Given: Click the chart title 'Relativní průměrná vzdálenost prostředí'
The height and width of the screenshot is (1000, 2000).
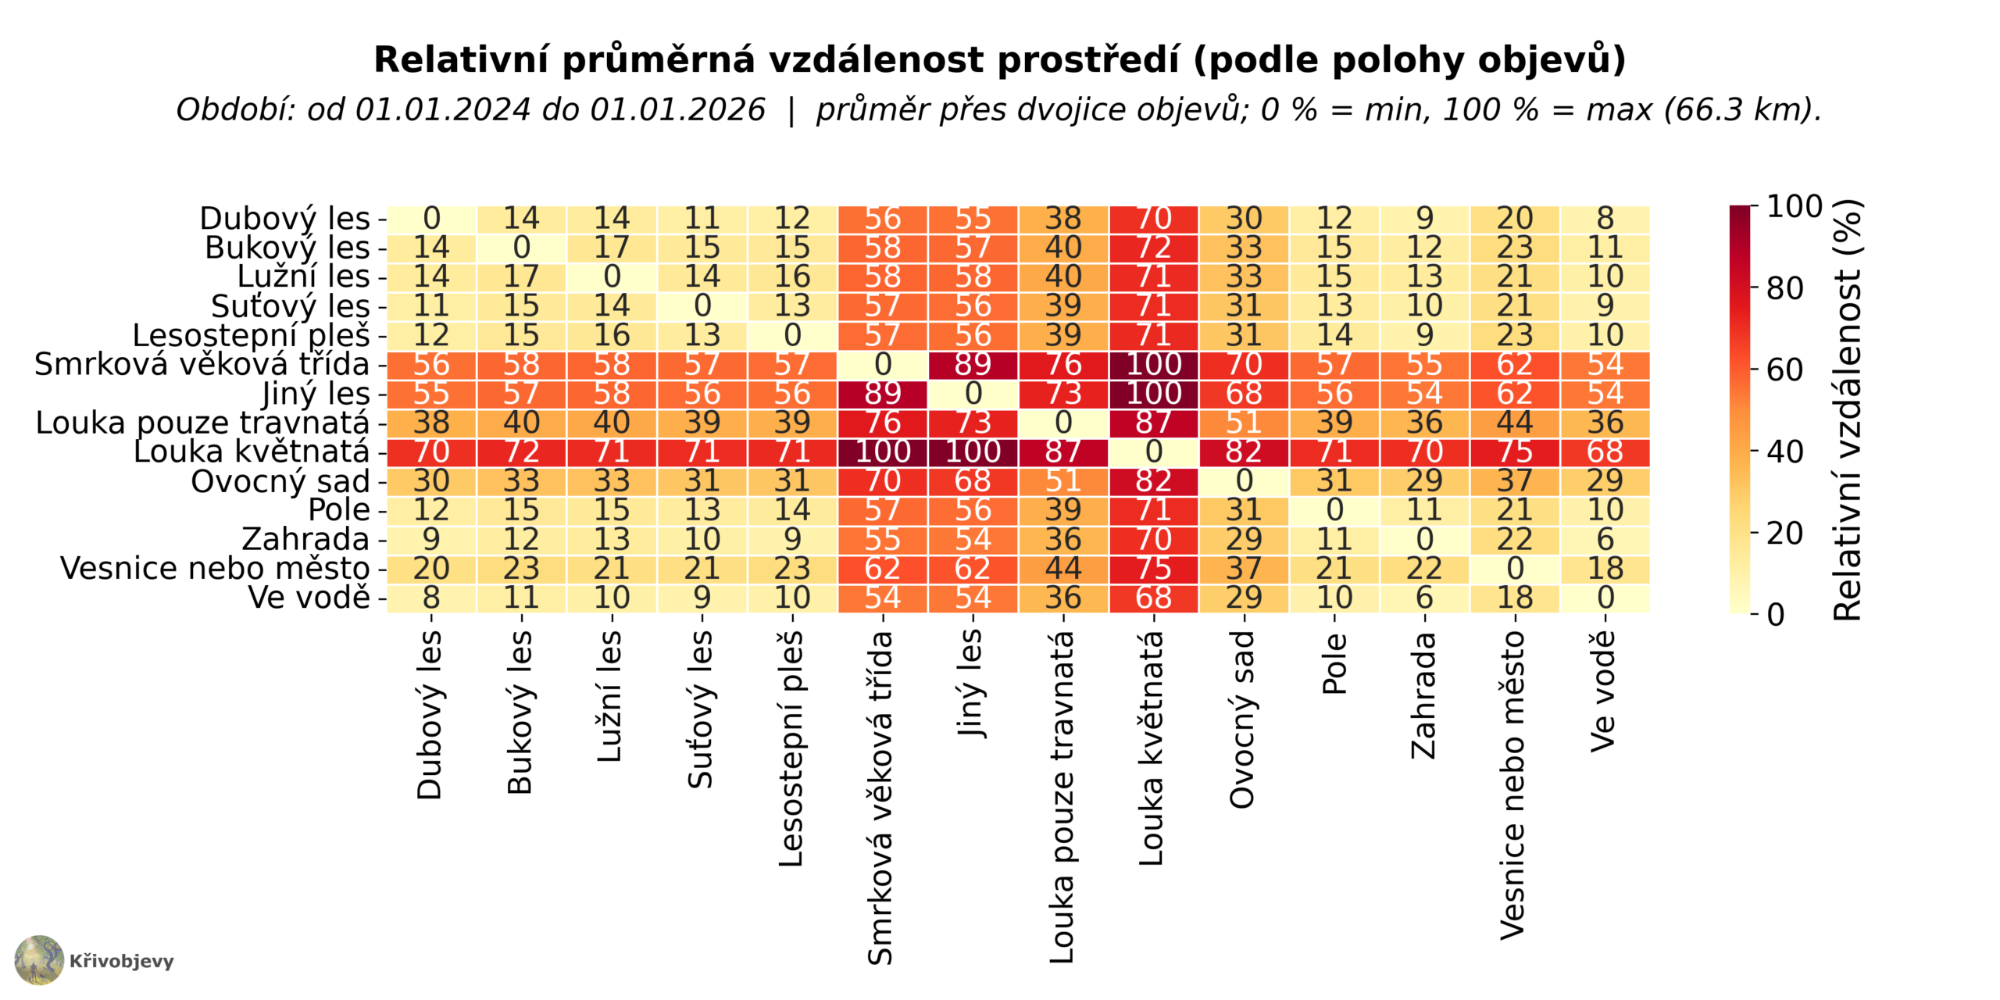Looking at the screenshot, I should coord(781,61).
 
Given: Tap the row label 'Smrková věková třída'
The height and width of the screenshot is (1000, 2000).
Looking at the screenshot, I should coord(202,365).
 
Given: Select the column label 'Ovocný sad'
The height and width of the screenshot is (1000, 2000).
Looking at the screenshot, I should coord(1241,719).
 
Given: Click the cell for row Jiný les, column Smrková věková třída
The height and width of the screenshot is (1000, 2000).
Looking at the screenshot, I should coord(883,394).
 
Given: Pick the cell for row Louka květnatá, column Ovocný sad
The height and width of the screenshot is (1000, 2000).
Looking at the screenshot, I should coord(1244,452).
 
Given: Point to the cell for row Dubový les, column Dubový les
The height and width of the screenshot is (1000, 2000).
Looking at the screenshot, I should coord(431,219).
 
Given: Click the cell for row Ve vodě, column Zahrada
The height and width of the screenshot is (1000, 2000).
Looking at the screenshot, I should coord(1424,598).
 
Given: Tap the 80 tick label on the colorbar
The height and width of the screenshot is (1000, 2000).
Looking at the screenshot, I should coord(1784,289).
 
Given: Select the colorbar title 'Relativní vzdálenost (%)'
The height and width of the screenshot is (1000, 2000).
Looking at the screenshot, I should coord(1848,410).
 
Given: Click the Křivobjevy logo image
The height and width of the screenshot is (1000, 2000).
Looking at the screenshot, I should coord(39,960).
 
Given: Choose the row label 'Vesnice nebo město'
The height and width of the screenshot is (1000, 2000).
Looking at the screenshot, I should coord(215,569).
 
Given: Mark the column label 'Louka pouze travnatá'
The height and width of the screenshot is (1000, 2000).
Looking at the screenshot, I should coord(1062,797).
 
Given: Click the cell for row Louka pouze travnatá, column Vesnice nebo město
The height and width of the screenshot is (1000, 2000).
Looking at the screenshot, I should coord(1515,423).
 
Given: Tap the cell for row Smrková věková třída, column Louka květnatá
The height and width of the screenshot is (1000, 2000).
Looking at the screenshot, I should coord(1153,365).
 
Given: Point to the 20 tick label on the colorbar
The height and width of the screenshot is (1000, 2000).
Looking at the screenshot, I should coord(1784,534).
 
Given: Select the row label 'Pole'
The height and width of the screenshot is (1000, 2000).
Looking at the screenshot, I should coord(339,510).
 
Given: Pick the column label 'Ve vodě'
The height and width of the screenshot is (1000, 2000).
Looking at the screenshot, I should coord(1603,691).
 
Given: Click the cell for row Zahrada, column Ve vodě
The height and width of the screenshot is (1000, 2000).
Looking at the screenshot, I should coord(1605,540).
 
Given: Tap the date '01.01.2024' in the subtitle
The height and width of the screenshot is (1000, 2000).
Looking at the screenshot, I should coord(443,110).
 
